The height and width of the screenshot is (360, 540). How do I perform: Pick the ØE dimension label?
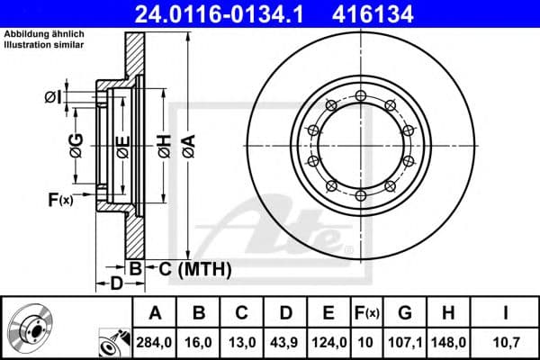click(122, 146)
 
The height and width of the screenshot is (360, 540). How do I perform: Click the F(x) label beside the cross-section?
click(59, 199)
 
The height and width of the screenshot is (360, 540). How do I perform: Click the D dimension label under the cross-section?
click(116, 283)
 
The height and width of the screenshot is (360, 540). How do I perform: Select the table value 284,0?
click(156, 342)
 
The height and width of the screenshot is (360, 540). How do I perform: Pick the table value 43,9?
click(285, 342)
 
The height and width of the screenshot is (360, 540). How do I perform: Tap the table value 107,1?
click(405, 342)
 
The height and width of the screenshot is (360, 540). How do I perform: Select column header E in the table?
click(328, 313)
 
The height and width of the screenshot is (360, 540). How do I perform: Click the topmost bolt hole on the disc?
click(360, 95)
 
